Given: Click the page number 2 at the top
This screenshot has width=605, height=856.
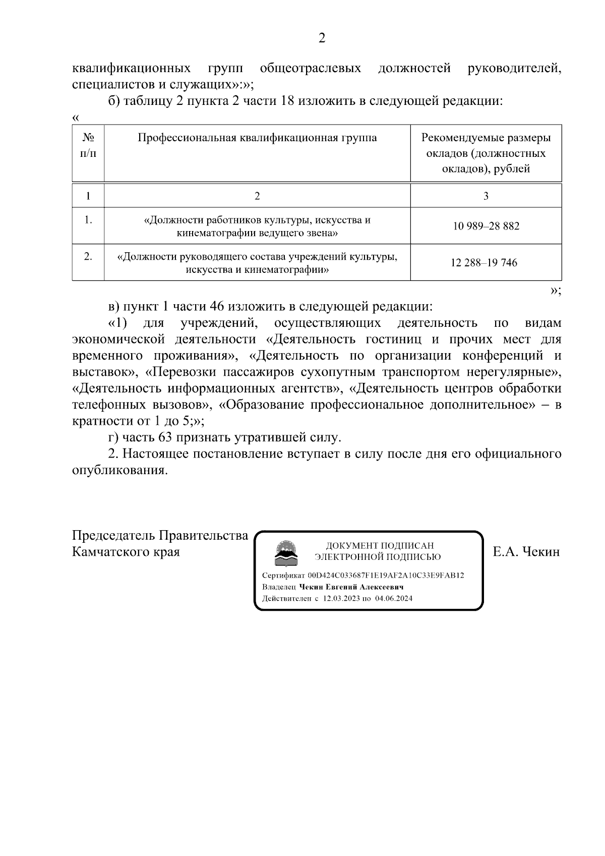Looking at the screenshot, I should tap(322, 38).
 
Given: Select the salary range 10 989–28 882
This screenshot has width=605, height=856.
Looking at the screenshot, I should tap(486, 226).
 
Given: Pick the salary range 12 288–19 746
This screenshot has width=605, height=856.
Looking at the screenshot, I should tap(484, 263).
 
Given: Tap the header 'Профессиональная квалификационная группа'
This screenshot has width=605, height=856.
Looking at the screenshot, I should tap(257, 138).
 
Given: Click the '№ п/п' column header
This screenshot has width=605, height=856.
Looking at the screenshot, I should tap(88, 145).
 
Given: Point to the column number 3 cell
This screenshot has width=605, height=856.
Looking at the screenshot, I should tap(486, 196).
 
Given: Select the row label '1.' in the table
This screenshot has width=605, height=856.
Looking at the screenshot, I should tap(88, 220).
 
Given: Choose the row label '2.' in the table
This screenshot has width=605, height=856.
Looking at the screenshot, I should tap(88, 256).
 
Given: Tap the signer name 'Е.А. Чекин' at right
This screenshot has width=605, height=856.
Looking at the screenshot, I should tap(526, 552).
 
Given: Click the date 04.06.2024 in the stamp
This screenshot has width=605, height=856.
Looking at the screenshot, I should tap(394, 599).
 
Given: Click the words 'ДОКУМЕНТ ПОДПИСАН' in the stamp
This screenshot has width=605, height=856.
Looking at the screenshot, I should tap(380, 546).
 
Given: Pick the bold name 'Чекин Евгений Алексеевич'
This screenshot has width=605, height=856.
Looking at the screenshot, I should tap(351, 587).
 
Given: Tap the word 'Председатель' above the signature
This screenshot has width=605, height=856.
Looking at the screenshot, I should tap(114, 535).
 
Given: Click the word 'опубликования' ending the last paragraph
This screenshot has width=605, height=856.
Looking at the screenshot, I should tap(119, 470).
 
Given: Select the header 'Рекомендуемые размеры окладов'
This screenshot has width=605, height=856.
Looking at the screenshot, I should tap(486, 145).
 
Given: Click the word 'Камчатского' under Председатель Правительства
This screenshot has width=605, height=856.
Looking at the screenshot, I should tap(109, 552).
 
